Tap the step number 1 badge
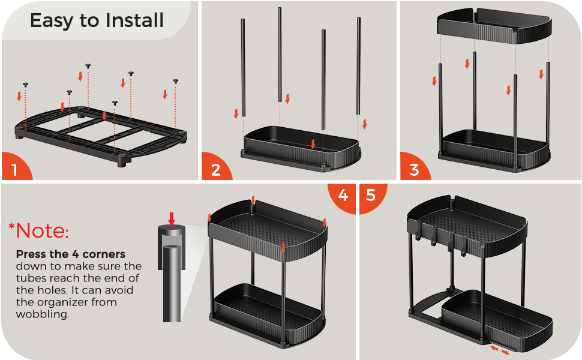pyautogui.click(x=15, y=167)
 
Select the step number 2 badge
pyautogui.click(x=215, y=167)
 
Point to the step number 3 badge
pyautogui.click(x=414, y=167)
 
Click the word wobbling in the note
pyautogui.click(x=43, y=314)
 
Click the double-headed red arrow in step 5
pyautogui.click(x=500, y=350)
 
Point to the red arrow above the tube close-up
pyautogui.click(x=171, y=219)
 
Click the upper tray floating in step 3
pyautogui.click(x=494, y=26)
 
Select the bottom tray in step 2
pyautogui.click(x=301, y=148)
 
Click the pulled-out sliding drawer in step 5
pyautogui.click(x=497, y=320)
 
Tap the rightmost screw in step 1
pyautogui.click(x=176, y=81)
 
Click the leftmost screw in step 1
pyautogui.click(x=25, y=85)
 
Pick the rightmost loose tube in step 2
pyautogui.click(x=359, y=65)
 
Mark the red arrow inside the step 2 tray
pyautogui.click(x=313, y=144)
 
